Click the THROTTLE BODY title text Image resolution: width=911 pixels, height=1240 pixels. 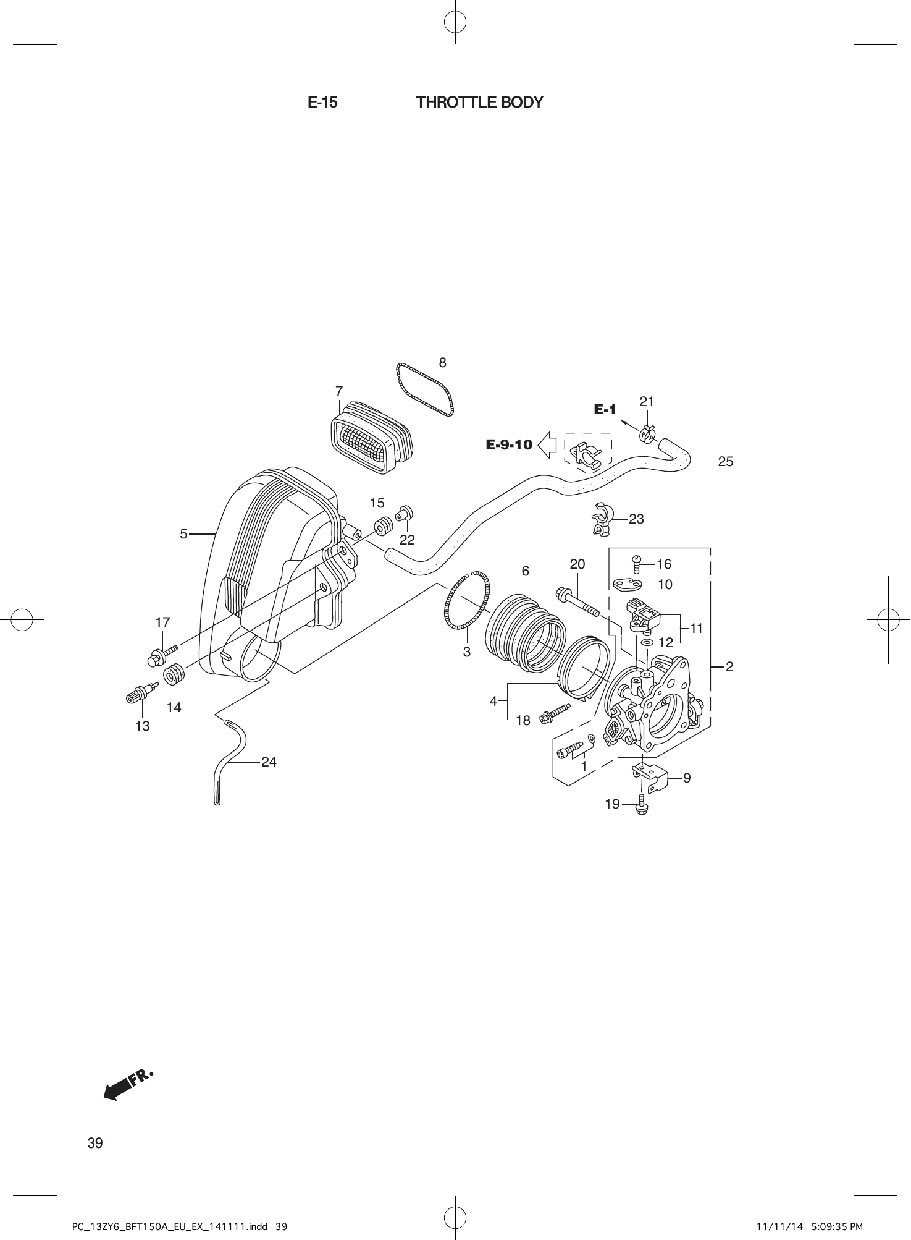coord(479,103)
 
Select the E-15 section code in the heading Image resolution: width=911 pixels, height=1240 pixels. coord(322,103)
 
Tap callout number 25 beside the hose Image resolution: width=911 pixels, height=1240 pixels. coord(726,461)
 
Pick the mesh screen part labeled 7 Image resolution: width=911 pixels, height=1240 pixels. coord(371,439)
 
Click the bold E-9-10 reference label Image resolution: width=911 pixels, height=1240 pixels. coord(509,444)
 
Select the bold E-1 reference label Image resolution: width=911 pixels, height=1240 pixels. coord(605,409)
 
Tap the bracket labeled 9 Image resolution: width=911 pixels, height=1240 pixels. coord(651,778)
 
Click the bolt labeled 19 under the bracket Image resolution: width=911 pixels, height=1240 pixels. coord(640,807)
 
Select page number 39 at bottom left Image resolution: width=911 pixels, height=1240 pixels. coord(95,1143)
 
